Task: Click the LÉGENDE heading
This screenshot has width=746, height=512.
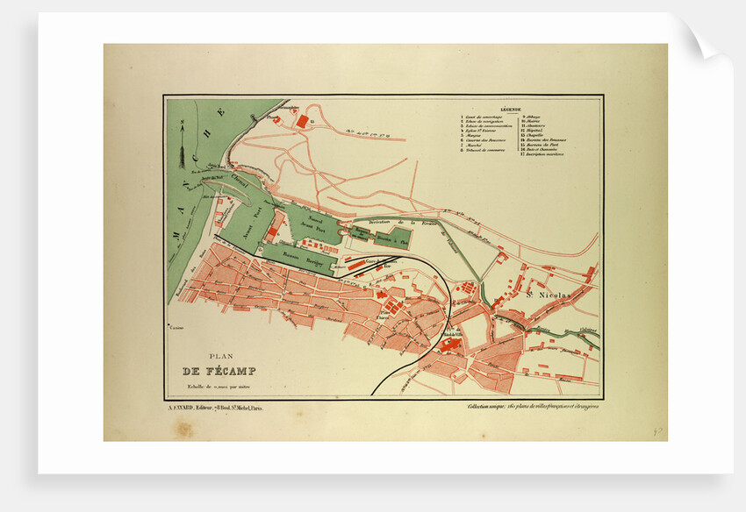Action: tap(511, 110)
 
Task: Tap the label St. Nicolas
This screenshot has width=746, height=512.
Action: tap(549, 295)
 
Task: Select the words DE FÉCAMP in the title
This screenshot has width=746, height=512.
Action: tap(213, 370)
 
